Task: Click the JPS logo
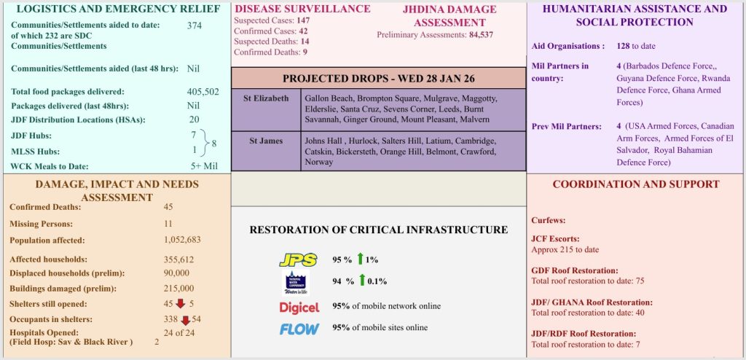click(298, 260)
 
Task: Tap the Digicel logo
click(299, 308)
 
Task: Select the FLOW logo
click(299, 329)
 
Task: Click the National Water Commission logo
click(297, 282)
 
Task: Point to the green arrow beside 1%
click(360, 259)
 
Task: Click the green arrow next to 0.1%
click(362, 281)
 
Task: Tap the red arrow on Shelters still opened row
click(181, 304)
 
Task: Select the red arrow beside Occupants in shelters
click(186, 321)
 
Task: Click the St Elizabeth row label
click(266, 98)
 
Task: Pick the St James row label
click(266, 141)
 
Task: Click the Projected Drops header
click(379, 79)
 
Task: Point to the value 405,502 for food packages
click(203, 92)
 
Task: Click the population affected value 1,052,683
click(182, 240)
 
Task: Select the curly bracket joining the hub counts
click(204, 142)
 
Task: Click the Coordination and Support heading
click(636, 184)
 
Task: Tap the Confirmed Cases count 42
click(303, 31)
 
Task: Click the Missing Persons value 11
click(168, 223)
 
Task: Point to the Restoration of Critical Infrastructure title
click(379, 230)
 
